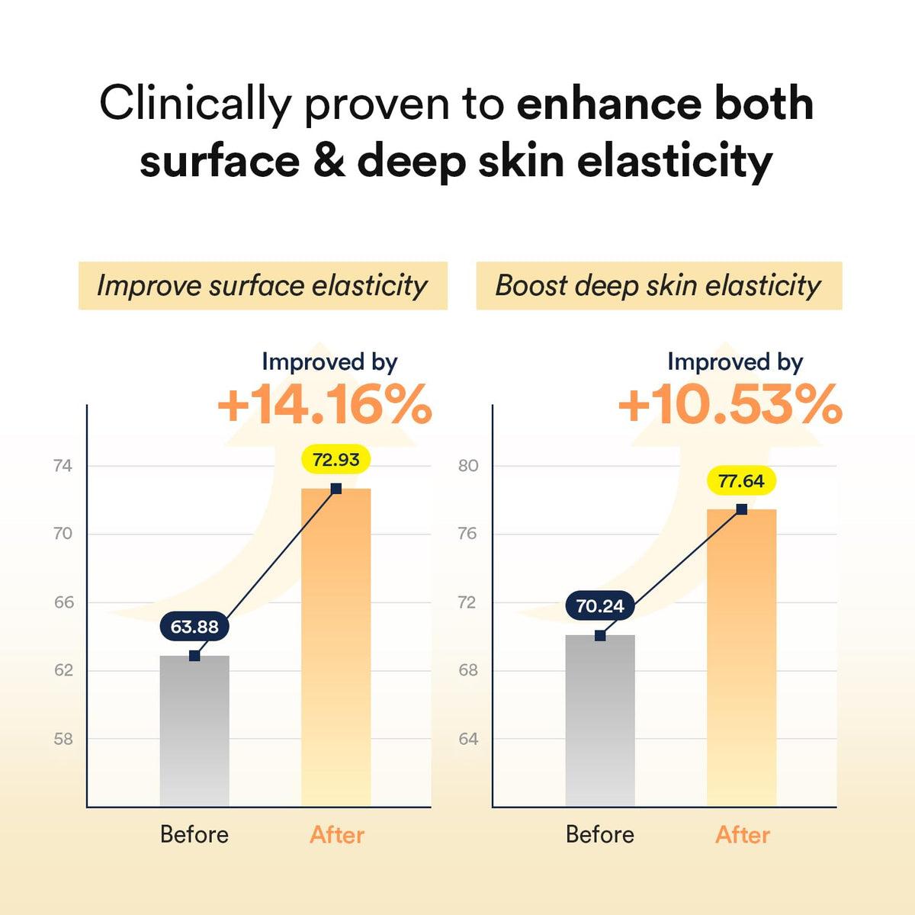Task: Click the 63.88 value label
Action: [x=194, y=627]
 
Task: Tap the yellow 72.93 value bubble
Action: [x=336, y=460]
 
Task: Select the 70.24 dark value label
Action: [x=600, y=606]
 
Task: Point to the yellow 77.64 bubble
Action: [x=741, y=481]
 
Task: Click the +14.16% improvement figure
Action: [x=325, y=405]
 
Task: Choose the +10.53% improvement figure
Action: [x=730, y=405]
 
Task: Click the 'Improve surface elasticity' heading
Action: [x=262, y=286]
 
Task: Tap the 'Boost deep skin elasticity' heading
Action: [x=659, y=286]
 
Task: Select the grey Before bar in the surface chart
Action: [x=194, y=732]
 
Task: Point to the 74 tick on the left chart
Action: [x=63, y=466]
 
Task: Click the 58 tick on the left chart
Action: [x=63, y=739]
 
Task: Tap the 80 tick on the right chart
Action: [x=468, y=466]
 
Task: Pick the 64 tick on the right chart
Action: [x=468, y=739]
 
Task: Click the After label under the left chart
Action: [x=337, y=835]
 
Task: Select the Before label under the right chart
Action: [x=600, y=835]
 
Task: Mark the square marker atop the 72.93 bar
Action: [x=336, y=489]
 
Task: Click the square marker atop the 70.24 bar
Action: [x=600, y=635]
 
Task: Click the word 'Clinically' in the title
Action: [x=195, y=104]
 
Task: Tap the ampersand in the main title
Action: [x=329, y=162]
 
